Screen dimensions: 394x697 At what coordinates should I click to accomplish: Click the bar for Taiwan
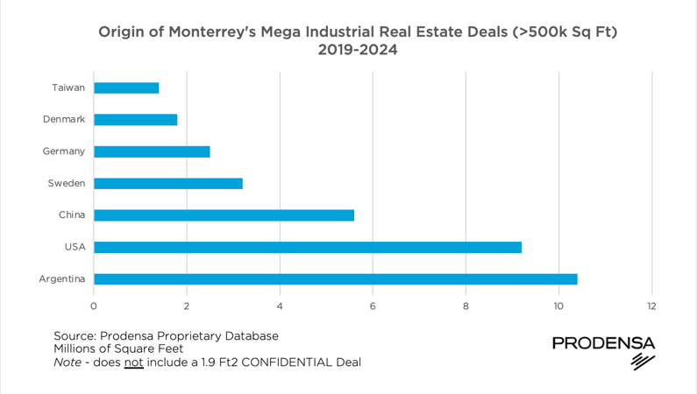(126, 88)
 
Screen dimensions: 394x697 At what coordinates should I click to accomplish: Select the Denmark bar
(135, 119)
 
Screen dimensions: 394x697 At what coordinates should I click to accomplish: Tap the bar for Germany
(152, 151)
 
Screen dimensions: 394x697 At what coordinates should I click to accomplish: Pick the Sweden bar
(167, 183)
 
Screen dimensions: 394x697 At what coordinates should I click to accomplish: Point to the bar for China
(224, 215)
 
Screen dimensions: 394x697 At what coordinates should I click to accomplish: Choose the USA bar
(307, 247)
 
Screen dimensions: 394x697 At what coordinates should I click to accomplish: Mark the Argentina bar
(335, 279)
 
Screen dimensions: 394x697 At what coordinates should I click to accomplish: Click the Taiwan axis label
(68, 88)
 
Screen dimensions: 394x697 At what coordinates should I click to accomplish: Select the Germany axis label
(64, 151)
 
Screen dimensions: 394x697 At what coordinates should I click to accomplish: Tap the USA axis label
(75, 247)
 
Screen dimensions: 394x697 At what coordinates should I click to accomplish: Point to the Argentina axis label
(61, 279)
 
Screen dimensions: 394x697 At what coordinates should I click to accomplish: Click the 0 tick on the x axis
(94, 306)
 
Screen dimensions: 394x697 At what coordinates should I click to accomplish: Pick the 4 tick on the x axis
(280, 306)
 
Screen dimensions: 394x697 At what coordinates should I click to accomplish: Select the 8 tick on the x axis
(466, 306)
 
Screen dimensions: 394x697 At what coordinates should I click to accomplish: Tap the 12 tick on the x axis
(651, 306)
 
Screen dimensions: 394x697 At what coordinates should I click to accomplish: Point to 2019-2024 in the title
(357, 50)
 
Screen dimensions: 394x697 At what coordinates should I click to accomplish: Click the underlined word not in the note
(133, 362)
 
